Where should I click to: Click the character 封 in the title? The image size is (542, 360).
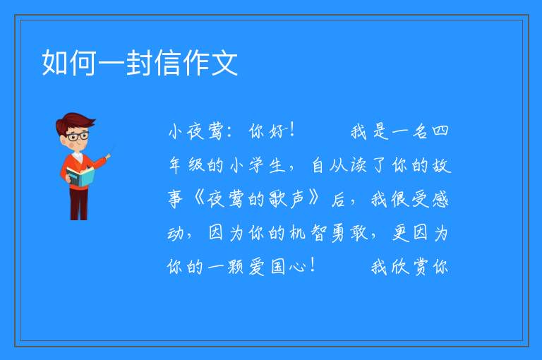click(140, 63)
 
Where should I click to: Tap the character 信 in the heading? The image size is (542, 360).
click(168, 63)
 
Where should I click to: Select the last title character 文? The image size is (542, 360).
click(224, 63)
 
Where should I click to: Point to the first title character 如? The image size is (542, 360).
click(54, 63)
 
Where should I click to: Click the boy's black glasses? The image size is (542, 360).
click(78, 136)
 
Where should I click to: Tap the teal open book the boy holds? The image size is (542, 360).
click(80, 176)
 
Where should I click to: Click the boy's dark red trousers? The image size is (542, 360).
click(79, 204)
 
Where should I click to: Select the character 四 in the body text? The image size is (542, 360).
click(440, 131)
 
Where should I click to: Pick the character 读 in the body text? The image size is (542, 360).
click(359, 165)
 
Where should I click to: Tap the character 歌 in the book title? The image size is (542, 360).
click(277, 199)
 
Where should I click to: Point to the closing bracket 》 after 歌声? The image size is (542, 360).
click(313, 199)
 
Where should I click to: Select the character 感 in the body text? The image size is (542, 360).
click(440, 199)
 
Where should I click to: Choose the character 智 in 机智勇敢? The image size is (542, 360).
click(318, 233)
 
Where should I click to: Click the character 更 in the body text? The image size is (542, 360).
click(400, 233)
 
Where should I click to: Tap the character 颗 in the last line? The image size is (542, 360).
click(236, 267)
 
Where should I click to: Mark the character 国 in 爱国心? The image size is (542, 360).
click(278, 267)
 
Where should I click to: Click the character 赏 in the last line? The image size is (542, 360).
click(420, 267)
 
